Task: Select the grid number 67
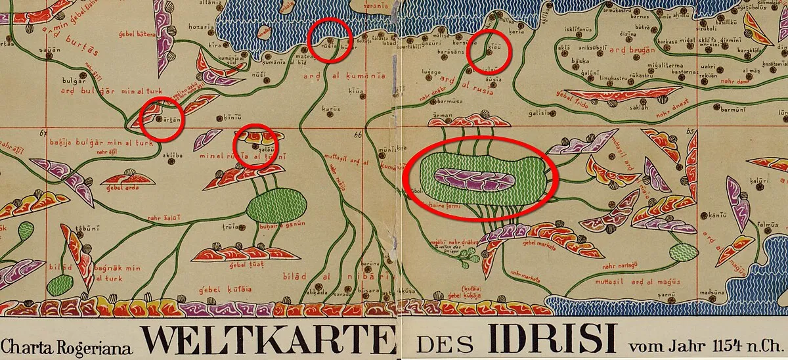click(44, 134)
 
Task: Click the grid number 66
click(357, 135)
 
